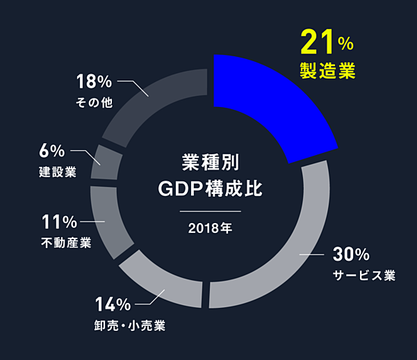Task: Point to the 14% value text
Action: click(x=113, y=304)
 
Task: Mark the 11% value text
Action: click(x=59, y=222)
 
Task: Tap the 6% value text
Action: click(x=53, y=150)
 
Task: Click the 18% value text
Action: click(x=94, y=81)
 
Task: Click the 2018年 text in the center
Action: click(x=209, y=227)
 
